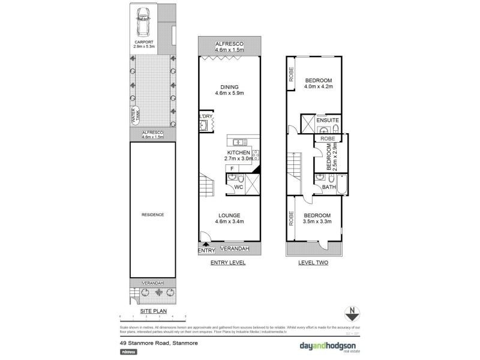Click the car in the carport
144,23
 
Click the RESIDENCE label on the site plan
152,215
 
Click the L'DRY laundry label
204,116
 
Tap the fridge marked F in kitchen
232,169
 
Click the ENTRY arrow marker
206,244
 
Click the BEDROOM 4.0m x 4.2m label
318,84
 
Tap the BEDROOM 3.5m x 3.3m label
317,219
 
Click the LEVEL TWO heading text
313,263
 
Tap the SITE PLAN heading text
152,311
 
